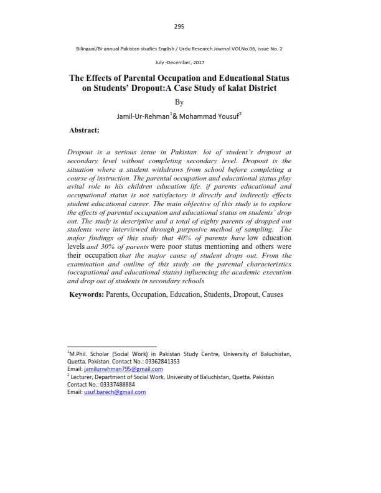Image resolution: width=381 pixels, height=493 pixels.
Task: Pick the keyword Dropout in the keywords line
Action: tap(245, 294)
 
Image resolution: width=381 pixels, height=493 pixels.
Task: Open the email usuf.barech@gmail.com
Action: tap(115, 392)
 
